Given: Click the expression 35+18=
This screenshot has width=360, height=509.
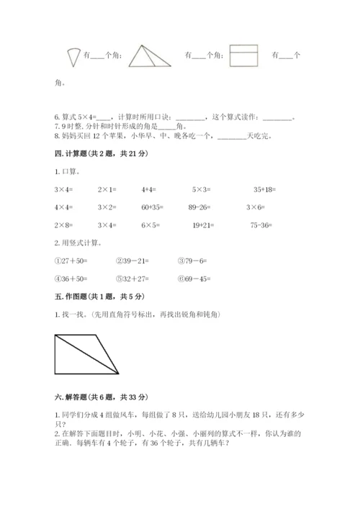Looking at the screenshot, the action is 265,189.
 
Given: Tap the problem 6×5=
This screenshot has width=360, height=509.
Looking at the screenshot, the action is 149,225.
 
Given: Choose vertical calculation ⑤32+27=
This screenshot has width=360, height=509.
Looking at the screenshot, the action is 131,278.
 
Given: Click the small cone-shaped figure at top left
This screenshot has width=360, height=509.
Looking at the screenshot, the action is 71,55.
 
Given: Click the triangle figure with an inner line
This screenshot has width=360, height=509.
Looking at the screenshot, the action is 150,55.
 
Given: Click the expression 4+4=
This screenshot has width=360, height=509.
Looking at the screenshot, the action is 149,189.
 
